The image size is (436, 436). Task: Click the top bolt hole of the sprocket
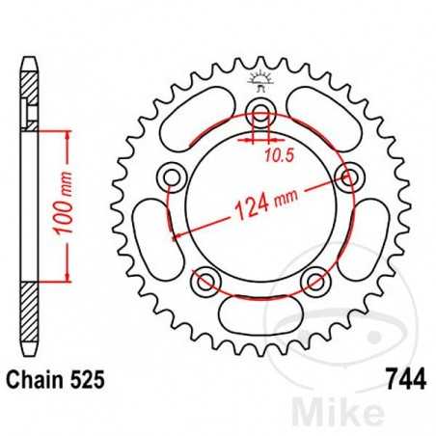(x=259, y=108)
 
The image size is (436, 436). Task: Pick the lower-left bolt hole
(x=204, y=281)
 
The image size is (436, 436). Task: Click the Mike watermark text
(x=368, y=409)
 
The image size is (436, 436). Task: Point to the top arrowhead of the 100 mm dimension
(x=67, y=134)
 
